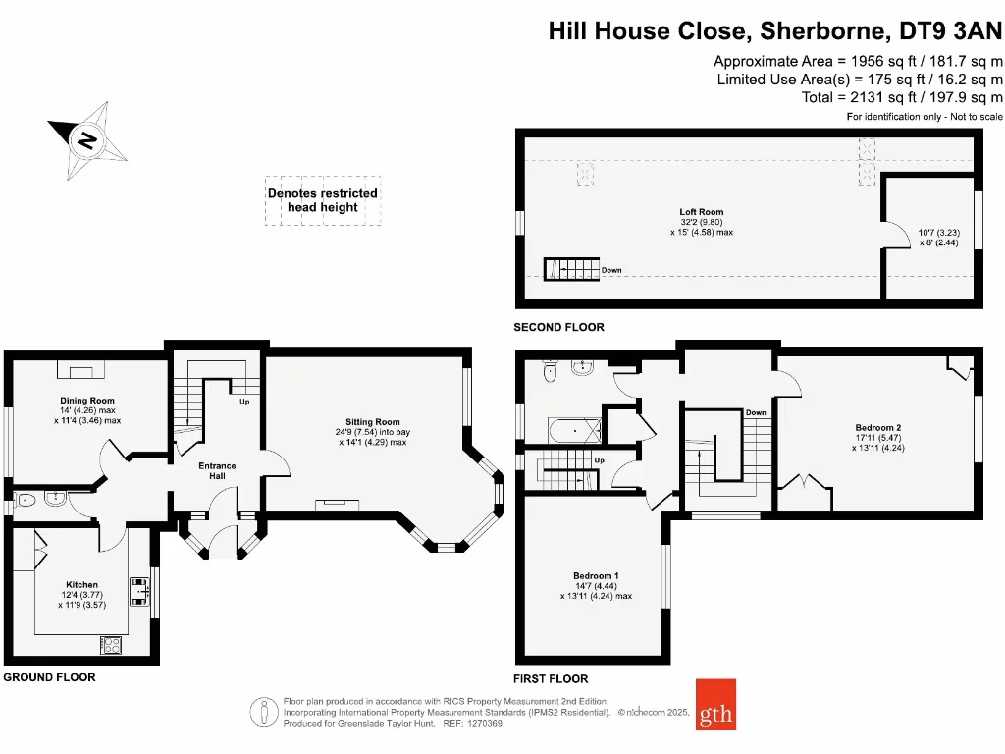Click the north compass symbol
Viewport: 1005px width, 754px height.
click(x=87, y=139)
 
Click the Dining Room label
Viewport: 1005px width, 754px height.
click(x=87, y=401)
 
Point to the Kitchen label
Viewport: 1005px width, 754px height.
click(x=81, y=585)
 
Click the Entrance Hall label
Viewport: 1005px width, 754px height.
click(x=217, y=470)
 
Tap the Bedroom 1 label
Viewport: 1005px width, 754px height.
click(x=596, y=575)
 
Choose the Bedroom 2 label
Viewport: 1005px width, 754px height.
click(x=877, y=427)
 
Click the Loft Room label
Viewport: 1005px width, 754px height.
click(x=702, y=212)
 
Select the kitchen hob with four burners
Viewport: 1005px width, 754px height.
click(x=111, y=645)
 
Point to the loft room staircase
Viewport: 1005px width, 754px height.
click(x=571, y=268)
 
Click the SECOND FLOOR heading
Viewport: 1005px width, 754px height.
click(x=559, y=327)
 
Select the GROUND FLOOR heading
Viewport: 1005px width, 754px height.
click(x=49, y=677)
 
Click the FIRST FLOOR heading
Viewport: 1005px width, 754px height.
click(x=552, y=678)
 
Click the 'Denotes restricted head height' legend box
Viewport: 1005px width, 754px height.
click(x=323, y=200)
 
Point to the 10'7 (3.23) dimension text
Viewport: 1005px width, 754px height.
click(x=938, y=233)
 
